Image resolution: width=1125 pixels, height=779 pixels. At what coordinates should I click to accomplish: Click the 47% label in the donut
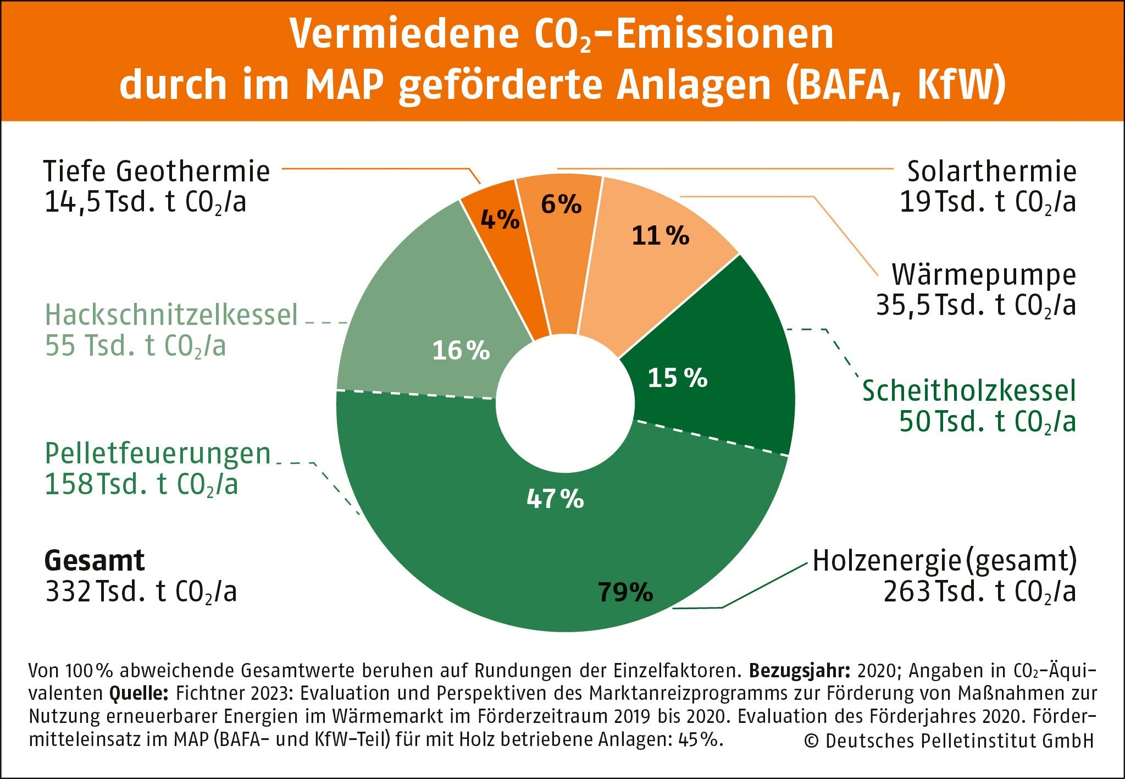[555, 499]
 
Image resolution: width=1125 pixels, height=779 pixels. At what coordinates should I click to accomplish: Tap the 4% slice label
[500, 220]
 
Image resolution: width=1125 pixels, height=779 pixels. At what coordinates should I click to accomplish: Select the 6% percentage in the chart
[561, 205]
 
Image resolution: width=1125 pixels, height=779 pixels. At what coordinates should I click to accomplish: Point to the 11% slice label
[660, 236]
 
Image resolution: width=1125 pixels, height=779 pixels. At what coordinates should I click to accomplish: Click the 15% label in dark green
[677, 378]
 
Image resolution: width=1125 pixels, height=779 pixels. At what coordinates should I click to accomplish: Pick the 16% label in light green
[461, 351]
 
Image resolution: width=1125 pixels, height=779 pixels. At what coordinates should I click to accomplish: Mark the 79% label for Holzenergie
[625, 592]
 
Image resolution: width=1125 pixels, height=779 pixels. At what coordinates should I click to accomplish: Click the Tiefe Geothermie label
[157, 172]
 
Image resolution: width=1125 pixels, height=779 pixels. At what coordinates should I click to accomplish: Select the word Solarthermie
[991, 172]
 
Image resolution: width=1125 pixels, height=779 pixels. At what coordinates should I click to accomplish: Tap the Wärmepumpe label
[983, 275]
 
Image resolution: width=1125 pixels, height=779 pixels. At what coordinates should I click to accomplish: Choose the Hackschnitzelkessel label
[171, 315]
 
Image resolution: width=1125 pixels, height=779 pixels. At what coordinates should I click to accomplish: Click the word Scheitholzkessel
[968, 391]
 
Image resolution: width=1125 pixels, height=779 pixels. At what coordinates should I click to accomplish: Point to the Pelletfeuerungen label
[158, 454]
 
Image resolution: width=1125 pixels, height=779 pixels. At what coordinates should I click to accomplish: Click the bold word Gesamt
[95, 561]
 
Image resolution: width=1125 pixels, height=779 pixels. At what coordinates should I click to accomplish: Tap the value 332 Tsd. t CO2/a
[141, 592]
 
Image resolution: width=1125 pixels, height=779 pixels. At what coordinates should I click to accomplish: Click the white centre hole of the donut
[566, 404]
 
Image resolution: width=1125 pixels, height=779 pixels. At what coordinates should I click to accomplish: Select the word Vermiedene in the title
[404, 34]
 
